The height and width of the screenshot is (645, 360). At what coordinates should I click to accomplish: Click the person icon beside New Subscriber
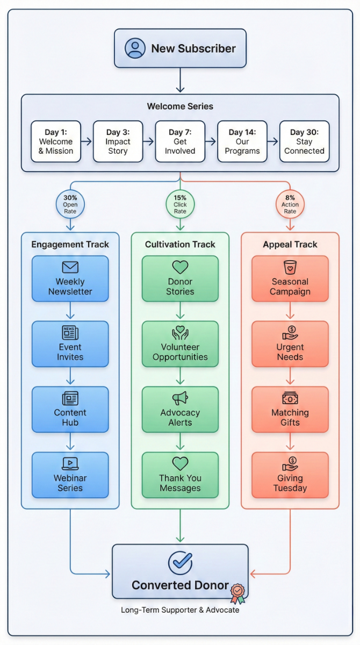pyautogui.click(x=135, y=48)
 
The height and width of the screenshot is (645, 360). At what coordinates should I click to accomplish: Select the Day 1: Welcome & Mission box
pyautogui.click(x=56, y=141)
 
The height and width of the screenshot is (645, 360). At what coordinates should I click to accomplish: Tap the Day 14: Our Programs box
pyautogui.click(x=242, y=141)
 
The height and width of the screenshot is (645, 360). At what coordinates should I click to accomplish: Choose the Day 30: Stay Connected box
pyautogui.click(x=304, y=141)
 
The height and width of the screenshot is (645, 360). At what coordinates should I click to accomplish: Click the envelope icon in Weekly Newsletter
pyautogui.click(x=70, y=267)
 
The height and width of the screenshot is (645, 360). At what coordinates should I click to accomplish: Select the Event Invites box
pyautogui.click(x=70, y=344)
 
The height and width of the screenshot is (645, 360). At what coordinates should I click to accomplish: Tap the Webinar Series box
pyautogui.click(x=70, y=475)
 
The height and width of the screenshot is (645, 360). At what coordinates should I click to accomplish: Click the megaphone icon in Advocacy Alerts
pyautogui.click(x=180, y=398)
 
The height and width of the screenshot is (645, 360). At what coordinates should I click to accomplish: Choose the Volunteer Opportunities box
pyautogui.click(x=180, y=344)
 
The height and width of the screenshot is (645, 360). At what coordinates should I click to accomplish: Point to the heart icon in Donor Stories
pyautogui.click(x=180, y=267)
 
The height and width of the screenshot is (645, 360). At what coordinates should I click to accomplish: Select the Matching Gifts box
pyautogui.click(x=290, y=410)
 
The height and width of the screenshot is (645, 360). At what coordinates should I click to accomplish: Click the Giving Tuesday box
pyautogui.click(x=290, y=475)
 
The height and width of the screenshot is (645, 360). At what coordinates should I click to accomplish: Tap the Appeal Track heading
pyautogui.click(x=290, y=245)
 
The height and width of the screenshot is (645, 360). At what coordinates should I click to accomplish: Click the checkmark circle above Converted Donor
pyautogui.click(x=180, y=562)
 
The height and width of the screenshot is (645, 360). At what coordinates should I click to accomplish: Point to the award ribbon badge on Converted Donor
pyautogui.click(x=237, y=593)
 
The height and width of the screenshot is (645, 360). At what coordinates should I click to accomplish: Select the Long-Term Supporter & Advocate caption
pyautogui.click(x=180, y=610)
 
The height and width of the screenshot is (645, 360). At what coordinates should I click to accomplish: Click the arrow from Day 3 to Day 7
pyautogui.click(x=149, y=141)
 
